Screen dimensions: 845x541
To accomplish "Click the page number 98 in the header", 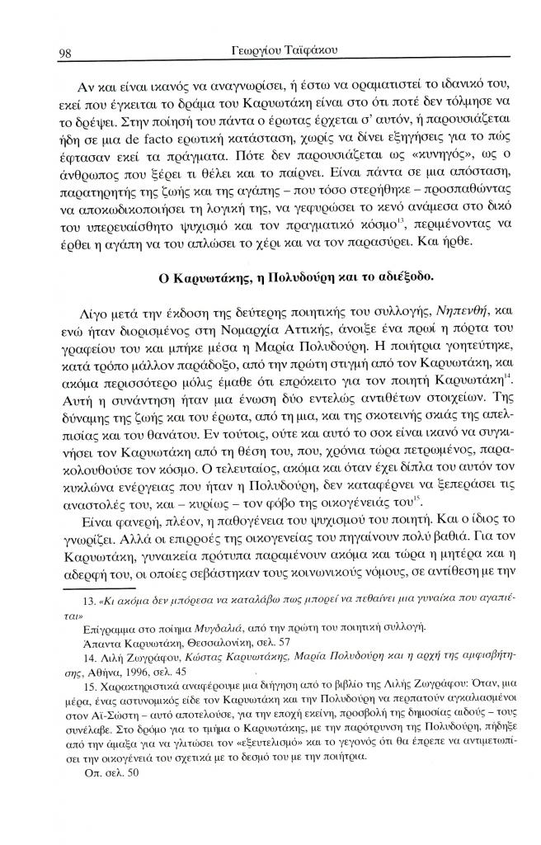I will [x=67, y=53].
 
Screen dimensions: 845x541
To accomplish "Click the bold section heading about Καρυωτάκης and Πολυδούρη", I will [x=269, y=276].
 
